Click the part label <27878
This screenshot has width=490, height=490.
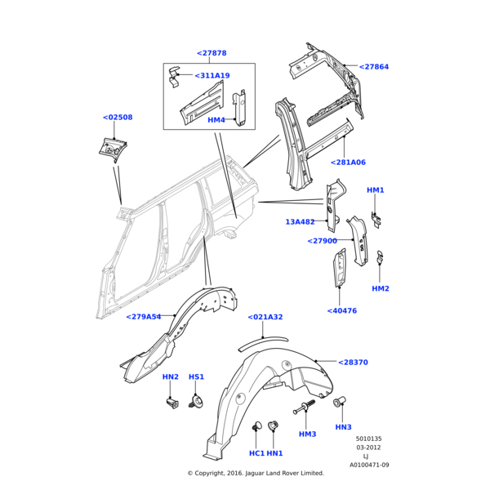coord(212,53)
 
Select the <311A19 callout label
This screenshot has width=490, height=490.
coord(212,76)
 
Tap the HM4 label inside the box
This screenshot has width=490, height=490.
coord(216,120)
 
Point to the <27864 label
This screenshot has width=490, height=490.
coord(374,67)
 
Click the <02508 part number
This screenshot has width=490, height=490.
coord(118,118)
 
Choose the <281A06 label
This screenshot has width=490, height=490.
coord(348,163)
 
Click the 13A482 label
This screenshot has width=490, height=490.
coord(300,222)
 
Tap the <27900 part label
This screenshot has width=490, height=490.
coord(322,241)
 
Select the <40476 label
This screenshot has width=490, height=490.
coord(341,310)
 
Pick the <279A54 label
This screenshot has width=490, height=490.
coord(143,317)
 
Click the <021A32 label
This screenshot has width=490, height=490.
coord(265,317)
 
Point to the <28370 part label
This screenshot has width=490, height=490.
coord(353,362)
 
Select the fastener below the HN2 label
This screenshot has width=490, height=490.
coord(171,402)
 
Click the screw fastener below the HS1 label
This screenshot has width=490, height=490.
coord(196,401)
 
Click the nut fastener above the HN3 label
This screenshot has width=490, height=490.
coord(341,402)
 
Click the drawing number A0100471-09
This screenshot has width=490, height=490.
coord(369,465)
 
